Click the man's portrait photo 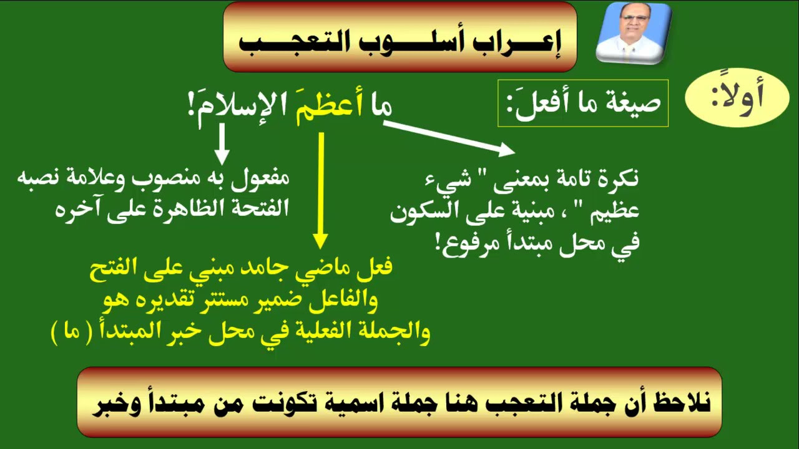[634, 33]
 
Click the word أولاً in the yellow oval [737, 97]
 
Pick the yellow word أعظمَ [329, 106]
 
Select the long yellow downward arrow [321, 191]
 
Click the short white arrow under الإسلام [222, 144]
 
